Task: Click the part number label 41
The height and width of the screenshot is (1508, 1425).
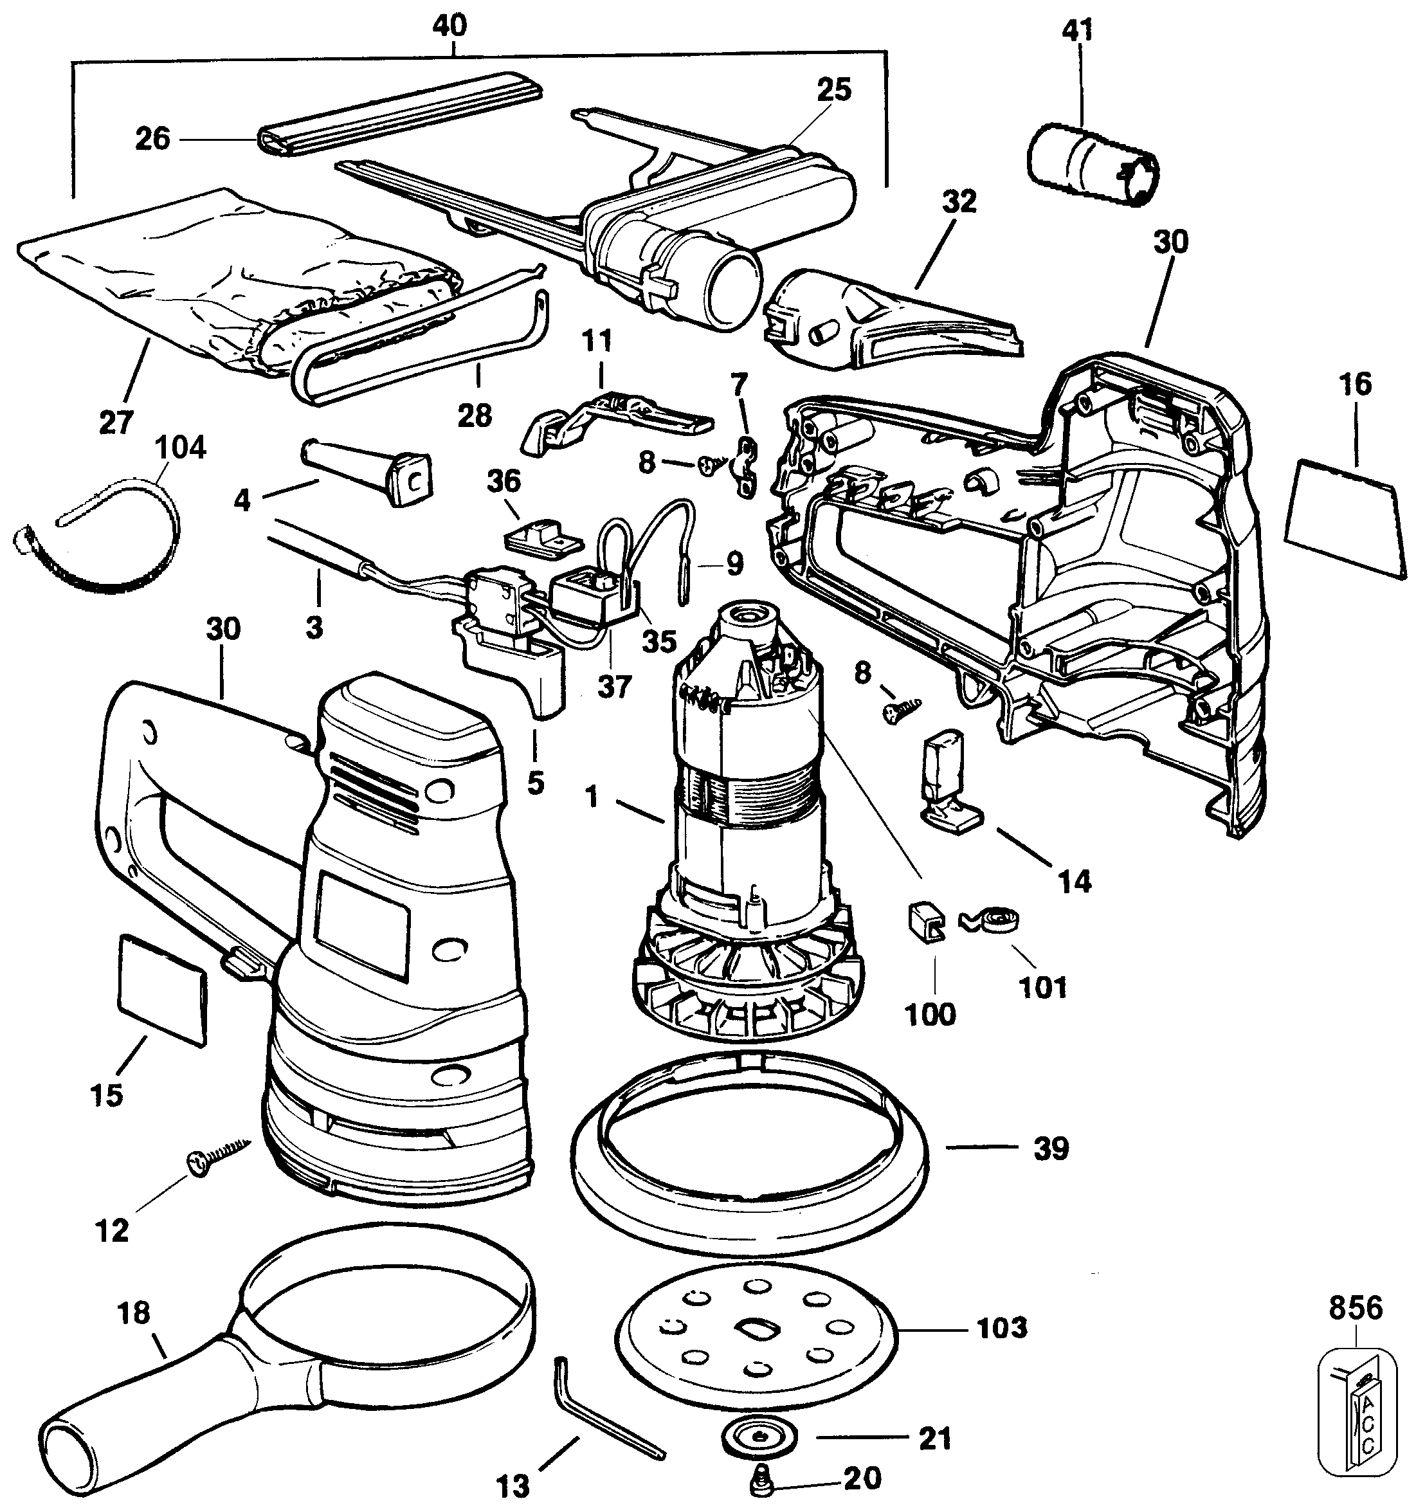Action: [1077, 30]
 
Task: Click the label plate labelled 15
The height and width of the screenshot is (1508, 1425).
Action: [162, 990]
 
